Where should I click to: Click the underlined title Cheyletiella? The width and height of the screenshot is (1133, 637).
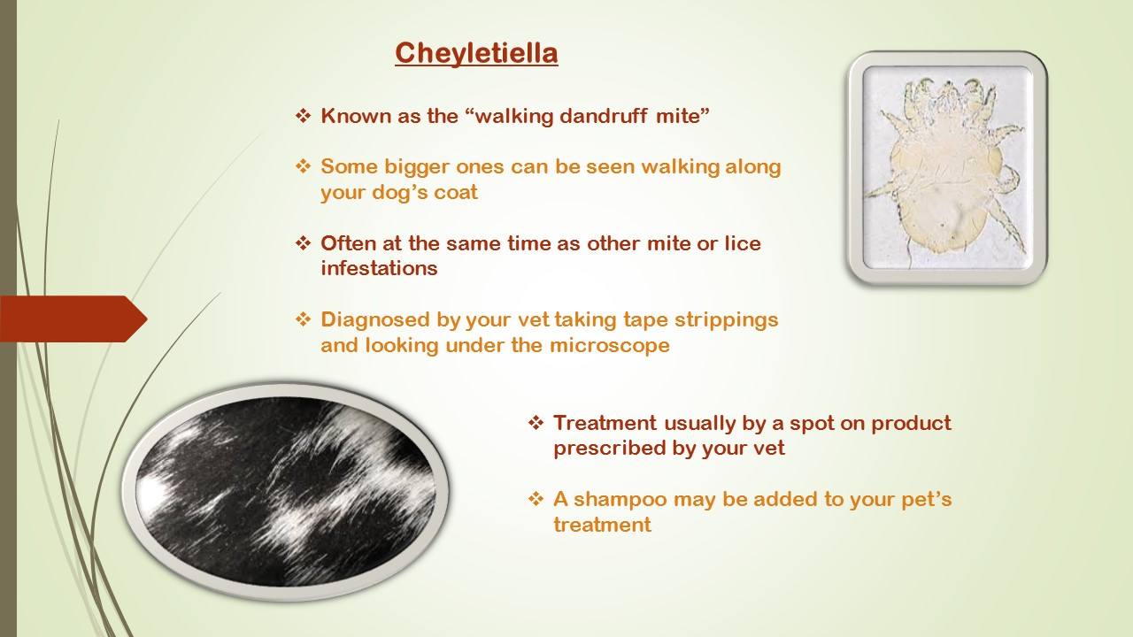[x=476, y=54]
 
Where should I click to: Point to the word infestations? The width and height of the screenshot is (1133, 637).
[x=379, y=268]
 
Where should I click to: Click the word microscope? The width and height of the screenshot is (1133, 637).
[x=610, y=345]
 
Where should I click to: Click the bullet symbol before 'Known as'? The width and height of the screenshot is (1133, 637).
[x=303, y=116]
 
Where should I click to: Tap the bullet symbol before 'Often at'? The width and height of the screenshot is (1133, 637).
[x=303, y=243]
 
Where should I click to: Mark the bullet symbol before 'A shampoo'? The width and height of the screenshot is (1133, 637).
[x=536, y=499]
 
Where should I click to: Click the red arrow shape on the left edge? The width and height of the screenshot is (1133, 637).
[x=73, y=319]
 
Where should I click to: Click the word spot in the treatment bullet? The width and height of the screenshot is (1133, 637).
[x=813, y=424]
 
